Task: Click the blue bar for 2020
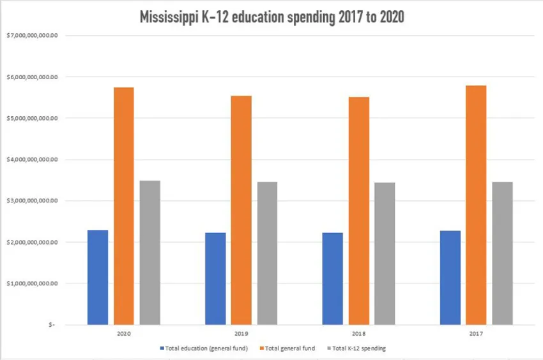tap(98, 277)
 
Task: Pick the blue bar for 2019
tap(215, 278)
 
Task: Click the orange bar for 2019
tap(241, 210)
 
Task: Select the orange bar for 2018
tap(359, 211)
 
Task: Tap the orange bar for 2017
tap(476, 205)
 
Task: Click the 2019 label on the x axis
tap(241, 333)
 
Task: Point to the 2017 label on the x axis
tap(476, 333)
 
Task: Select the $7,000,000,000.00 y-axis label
tap(32, 36)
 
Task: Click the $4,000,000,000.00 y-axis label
tap(32, 160)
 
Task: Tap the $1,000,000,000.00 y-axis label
tap(32, 283)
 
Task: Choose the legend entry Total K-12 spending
tap(358, 349)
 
